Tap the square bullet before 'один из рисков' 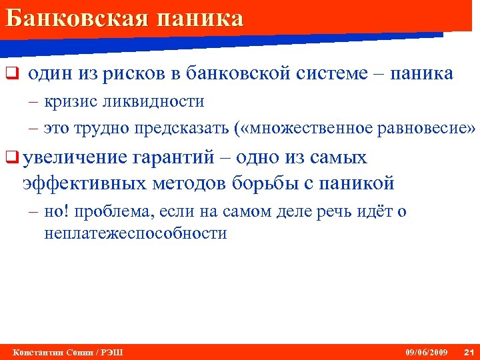pos(10,73)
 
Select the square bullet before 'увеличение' pos(10,158)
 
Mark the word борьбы pos(265,182)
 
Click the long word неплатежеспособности pos(135,233)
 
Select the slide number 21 pos(468,351)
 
